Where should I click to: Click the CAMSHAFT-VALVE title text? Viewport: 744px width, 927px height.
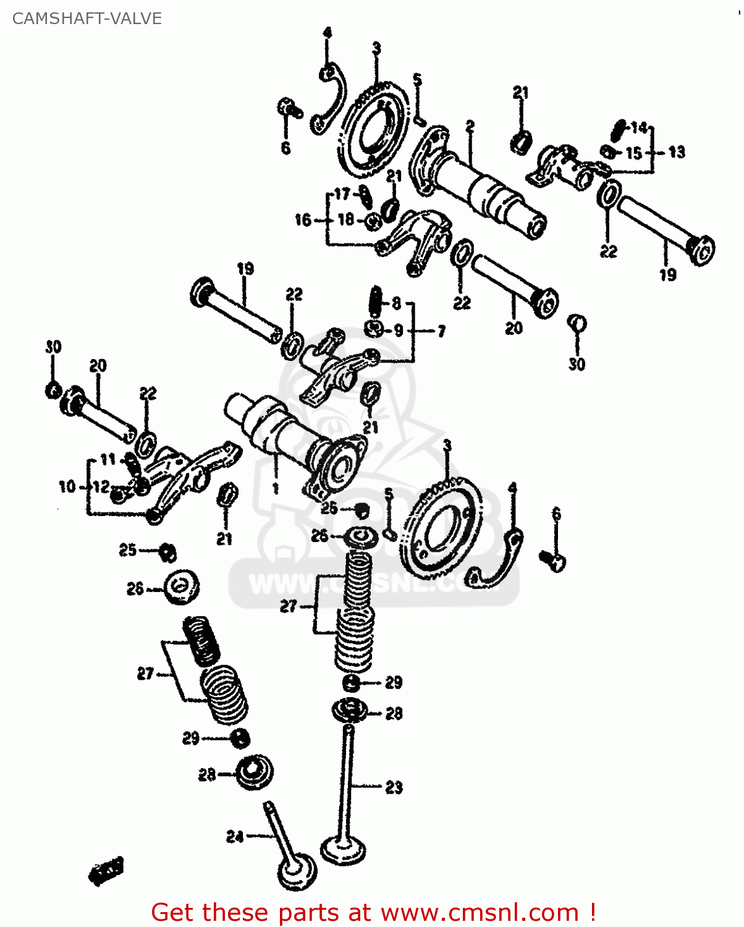pyautogui.click(x=87, y=19)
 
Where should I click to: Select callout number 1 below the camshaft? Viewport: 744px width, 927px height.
pyautogui.click(x=275, y=488)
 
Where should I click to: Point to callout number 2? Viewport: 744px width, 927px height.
pyautogui.click(x=470, y=126)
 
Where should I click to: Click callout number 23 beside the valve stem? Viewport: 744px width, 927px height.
pyautogui.click(x=394, y=787)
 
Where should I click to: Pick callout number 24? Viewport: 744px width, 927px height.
pyautogui.click(x=235, y=837)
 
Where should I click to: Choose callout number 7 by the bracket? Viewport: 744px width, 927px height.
pyautogui.click(x=441, y=332)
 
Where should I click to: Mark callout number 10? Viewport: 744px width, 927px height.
pyautogui.click(x=67, y=487)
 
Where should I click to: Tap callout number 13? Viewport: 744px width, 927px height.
pyautogui.click(x=677, y=152)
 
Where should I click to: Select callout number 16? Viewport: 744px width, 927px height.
pyautogui.click(x=303, y=220)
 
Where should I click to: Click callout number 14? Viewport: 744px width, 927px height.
pyautogui.click(x=639, y=128)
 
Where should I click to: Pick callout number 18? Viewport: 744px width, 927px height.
pyautogui.click(x=345, y=219)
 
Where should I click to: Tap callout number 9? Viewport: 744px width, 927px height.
pyautogui.click(x=399, y=331)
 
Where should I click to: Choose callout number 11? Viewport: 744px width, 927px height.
pyautogui.click(x=108, y=460)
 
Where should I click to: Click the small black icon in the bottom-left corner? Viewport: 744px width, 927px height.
pyautogui.click(x=107, y=871)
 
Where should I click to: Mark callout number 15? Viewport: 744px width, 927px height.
pyautogui.click(x=634, y=153)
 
